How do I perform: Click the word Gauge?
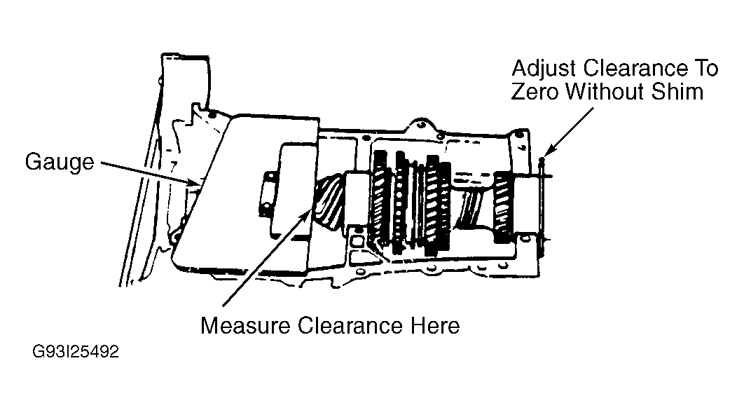pos(60,163)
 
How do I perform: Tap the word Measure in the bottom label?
pos(244,325)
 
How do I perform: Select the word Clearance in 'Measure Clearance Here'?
pos(350,325)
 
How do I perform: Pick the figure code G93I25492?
pos(76,352)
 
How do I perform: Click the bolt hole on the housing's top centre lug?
pos(420,126)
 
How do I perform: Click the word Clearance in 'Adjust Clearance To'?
pos(635,69)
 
